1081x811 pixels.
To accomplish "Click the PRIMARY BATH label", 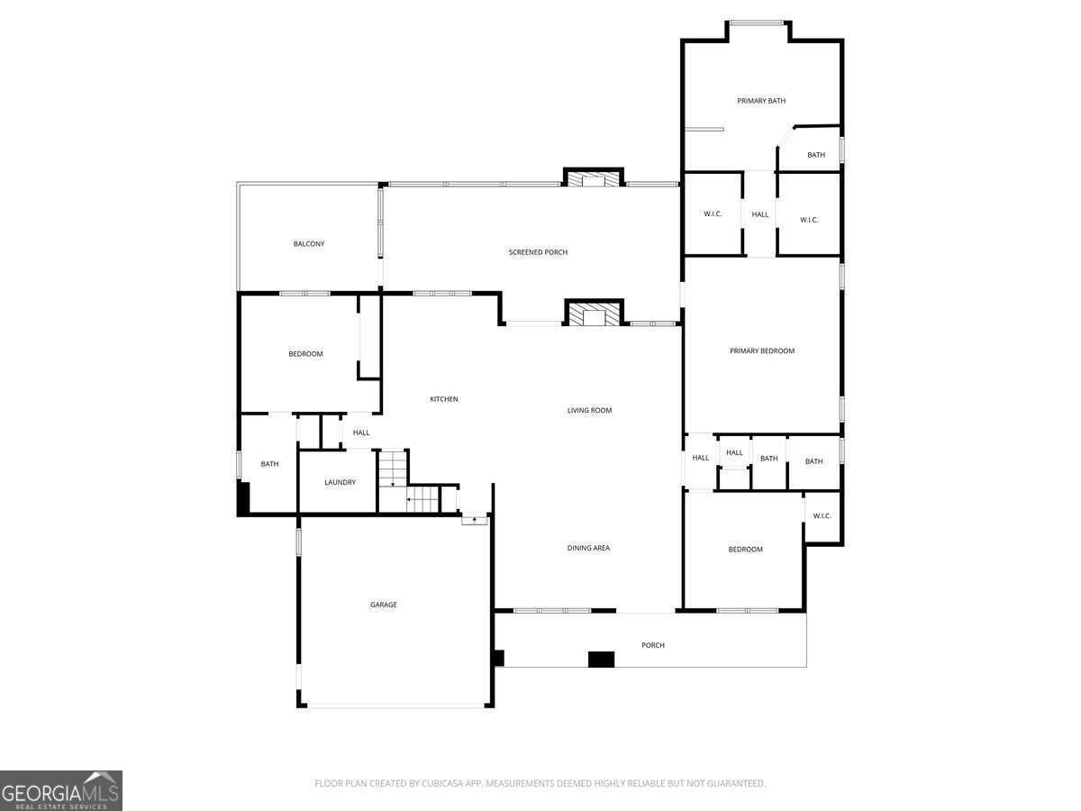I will point(761,101).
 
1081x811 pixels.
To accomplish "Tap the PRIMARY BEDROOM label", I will point(762,351).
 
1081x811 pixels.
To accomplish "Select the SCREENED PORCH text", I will point(538,252).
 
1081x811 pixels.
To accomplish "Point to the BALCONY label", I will point(309,244).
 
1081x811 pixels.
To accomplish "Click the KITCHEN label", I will point(443,399).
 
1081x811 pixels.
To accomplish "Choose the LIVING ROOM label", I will point(589,411).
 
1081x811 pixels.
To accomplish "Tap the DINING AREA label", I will point(588,548).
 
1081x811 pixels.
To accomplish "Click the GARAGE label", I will point(384,605).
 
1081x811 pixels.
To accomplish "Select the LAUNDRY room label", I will point(340,482).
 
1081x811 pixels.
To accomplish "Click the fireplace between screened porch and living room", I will point(593,314).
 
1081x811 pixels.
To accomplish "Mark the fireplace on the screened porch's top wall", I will point(593,178).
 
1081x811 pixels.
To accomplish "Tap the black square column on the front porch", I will point(601,660).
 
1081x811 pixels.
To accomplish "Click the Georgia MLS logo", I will point(61,790).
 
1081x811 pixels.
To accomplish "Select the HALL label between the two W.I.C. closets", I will point(760,214).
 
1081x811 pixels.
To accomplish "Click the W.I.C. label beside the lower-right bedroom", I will point(822,515).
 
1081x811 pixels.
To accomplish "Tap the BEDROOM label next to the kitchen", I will point(305,354).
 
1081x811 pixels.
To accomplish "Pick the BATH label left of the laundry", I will point(269,464).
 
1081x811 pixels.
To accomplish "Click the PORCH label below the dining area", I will point(653,645).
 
